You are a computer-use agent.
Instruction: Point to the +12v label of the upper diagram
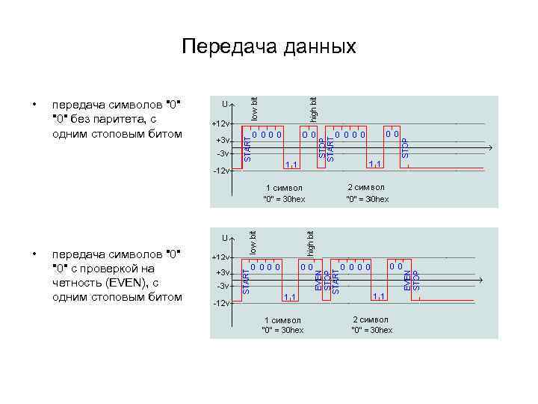point(220,123)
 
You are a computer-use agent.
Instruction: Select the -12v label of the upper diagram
point(220,171)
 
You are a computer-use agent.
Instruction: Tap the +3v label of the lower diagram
point(222,272)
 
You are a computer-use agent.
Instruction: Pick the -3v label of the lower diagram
point(222,287)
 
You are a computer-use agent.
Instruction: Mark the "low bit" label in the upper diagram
point(254,109)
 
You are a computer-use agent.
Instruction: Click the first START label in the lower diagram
point(246,281)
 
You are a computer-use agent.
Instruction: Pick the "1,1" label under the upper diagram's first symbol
point(291,164)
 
